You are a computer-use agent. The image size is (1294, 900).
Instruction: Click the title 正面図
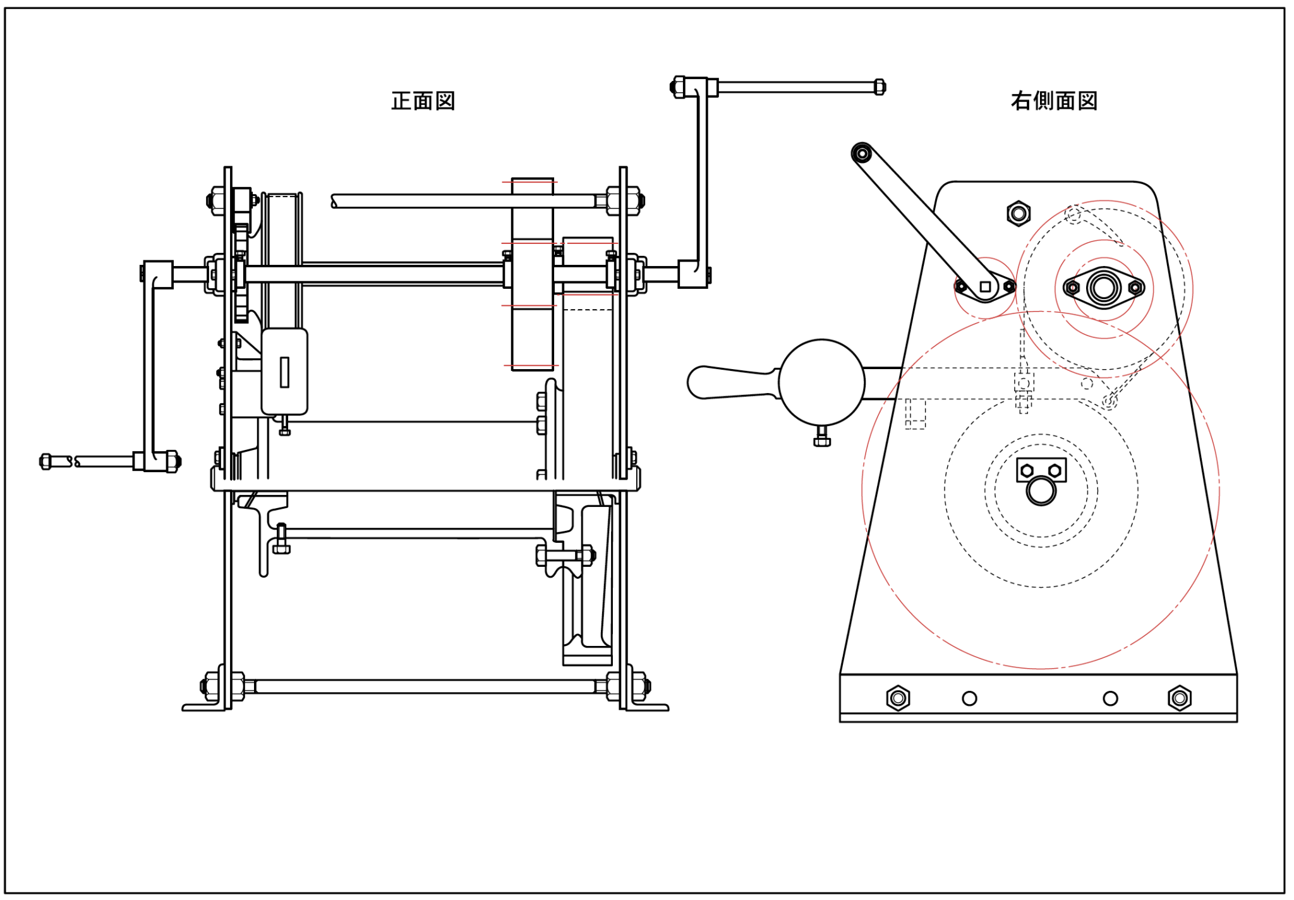(x=423, y=101)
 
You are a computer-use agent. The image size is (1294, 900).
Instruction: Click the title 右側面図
(x=1054, y=101)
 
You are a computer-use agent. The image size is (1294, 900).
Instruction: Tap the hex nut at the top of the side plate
(x=1019, y=214)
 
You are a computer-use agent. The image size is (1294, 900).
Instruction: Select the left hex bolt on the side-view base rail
(x=898, y=698)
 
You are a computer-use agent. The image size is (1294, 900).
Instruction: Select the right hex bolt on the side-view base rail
(x=1179, y=698)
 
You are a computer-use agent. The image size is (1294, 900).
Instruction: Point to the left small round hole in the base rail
(x=969, y=698)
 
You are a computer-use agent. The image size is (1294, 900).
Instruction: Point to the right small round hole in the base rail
(x=1110, y=698)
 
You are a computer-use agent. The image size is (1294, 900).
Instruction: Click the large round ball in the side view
(x=821, y=382)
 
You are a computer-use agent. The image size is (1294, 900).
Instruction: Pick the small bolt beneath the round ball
(x=822, y=437)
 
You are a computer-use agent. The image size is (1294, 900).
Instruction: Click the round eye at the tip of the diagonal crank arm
(x=862, y=153)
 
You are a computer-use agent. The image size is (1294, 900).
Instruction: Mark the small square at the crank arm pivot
(x=985, y=287)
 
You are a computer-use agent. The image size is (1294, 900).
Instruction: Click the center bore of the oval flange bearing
(x=1104, y=288)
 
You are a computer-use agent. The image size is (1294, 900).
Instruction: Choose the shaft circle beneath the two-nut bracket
(x=1041, y=491)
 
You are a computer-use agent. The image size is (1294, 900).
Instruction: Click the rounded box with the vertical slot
(x=284, y=372)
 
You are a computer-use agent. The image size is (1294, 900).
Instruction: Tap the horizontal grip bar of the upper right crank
(x=796, y=87)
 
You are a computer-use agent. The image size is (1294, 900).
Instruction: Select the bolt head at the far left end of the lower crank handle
(x=45, y=461)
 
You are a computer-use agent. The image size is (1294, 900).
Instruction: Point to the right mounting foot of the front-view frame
(x=648, y=707)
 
